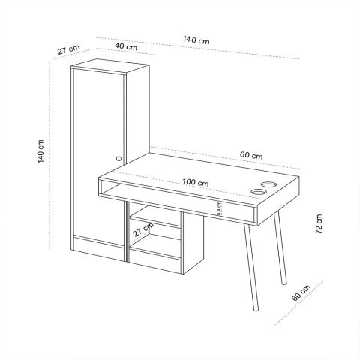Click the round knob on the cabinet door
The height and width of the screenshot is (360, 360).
click(119, 158)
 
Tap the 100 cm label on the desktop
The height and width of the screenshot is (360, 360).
click(196, 182)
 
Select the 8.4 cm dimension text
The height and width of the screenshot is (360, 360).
click(219, 208)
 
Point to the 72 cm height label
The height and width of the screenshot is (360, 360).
click(319, 223)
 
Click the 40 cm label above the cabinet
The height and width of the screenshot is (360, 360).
click(126, 46)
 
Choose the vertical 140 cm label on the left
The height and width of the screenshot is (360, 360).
click(40, 151)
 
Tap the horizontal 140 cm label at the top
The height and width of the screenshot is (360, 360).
click(196, 40)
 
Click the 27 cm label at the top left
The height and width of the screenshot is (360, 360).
click(69, 49)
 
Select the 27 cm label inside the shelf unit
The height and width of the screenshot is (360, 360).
click(143, 229)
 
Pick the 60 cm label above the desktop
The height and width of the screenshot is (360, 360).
click(251, 155)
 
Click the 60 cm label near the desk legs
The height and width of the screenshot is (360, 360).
click(301, 292)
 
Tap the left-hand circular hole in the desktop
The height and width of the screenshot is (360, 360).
click(259, 192)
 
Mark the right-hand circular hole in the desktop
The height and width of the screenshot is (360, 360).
click(269, 184)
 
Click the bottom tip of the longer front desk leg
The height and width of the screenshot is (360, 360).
click(256, 310)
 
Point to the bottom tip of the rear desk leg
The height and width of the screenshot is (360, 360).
click(284, 283)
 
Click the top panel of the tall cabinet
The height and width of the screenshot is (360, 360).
click(110, 66)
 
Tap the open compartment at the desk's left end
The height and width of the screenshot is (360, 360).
click(109, 188)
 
